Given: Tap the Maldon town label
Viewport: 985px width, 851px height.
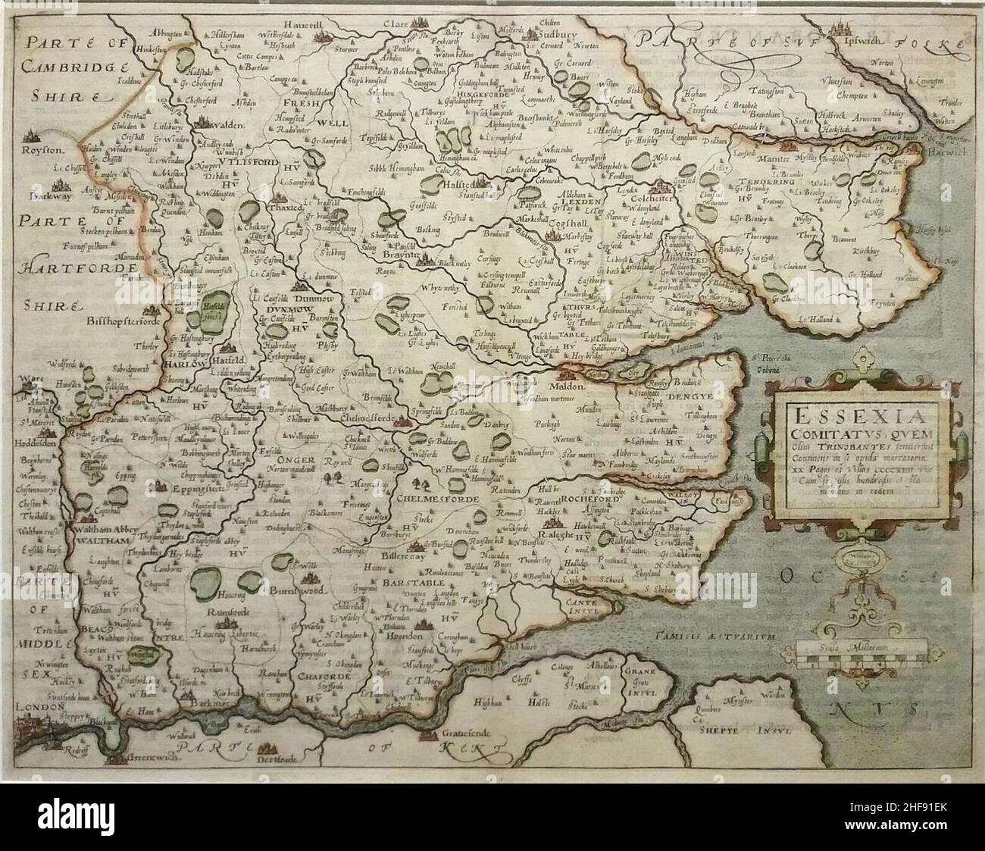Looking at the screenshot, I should (x=574, y=386).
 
